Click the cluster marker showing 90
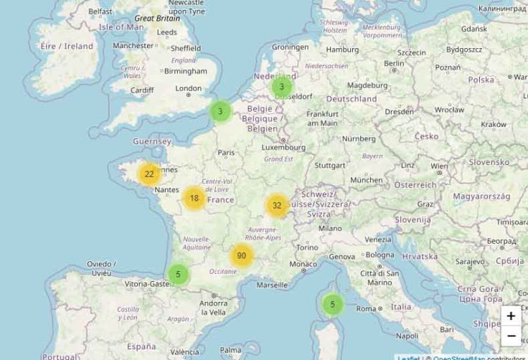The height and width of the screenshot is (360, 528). click(x=242, y=255)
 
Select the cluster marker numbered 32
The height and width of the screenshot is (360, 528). click(x=277, y=206)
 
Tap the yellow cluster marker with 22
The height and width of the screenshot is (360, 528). click(x=149, y=174)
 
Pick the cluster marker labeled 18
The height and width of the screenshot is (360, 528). click(x=194, y=198)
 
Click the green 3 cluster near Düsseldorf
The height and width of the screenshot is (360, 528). click(x=282, y=87)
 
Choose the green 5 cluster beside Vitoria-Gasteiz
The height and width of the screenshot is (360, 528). click(x=178, y=274)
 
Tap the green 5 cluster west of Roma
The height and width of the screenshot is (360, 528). click(x=332, y=305)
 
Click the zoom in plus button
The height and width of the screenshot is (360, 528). click(x=511, y=316)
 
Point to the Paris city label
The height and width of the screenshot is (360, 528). click(x=227, y=152)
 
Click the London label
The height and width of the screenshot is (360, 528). click(x=189, y=88)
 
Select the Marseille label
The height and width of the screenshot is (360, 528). click(x=272, y=285)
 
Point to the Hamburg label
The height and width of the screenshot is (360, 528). click(x=342, y=50)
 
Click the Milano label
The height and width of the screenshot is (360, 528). click(x=330, y=228)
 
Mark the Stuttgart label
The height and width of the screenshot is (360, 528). click(x=330, y=165)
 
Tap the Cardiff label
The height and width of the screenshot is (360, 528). click(x=142, y=90)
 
